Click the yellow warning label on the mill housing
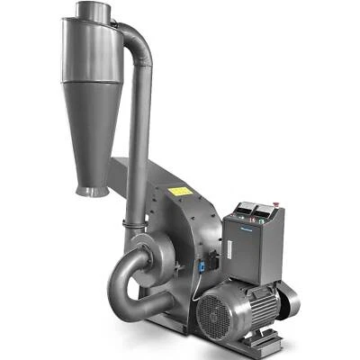point(180,192)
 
